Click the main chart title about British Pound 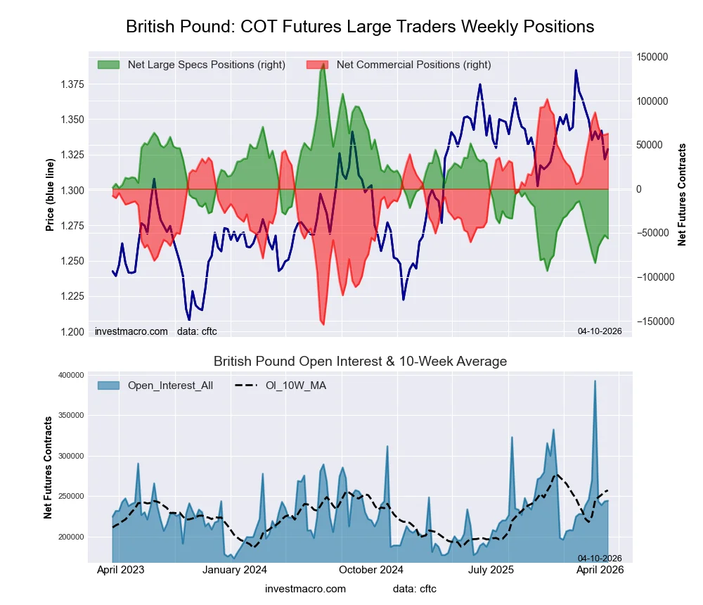(x=360, y=27)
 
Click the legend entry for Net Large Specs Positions (x=206, y=65)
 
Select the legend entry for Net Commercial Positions (x=413, y=65)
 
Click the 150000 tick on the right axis (x=653, y=57)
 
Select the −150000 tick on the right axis (x=652, y=321)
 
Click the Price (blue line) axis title (x=50, y=195)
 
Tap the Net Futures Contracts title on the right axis (x=682, y=195)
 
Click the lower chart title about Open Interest (x=360, y=362)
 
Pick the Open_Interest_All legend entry (x=170, y=385)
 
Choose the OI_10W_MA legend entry (x=295, y=385)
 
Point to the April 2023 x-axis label (x=120, y=571)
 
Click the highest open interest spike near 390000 (x=595, y=381)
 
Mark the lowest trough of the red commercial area (x=323, y=324)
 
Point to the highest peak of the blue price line (x=576, y=70)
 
